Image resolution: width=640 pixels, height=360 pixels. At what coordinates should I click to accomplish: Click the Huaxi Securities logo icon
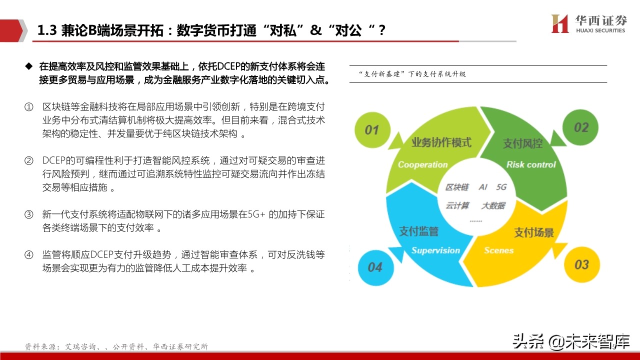[560, 23]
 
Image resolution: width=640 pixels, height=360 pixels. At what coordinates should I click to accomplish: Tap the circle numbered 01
[371, 130]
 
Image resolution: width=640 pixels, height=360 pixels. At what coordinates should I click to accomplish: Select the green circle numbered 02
[581, 127]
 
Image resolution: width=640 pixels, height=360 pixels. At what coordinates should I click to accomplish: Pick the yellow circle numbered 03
[581, 264]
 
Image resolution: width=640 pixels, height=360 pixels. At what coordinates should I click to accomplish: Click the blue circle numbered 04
[374, 267]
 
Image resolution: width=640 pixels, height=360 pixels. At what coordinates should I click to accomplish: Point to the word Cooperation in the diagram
[422, 164]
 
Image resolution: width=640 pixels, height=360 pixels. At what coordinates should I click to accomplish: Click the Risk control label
[531, 164]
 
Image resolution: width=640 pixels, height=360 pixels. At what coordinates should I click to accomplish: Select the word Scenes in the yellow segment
[498, 250]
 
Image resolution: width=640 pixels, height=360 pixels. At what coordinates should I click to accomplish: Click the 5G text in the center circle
[501, 187]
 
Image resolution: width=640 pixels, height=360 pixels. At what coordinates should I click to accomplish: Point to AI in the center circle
[483, 187]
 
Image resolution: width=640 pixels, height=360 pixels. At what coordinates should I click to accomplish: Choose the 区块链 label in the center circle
[457, 187]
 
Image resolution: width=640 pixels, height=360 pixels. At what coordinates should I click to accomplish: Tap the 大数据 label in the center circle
[493, 205]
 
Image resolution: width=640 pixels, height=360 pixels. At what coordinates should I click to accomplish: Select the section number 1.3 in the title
[47, 30]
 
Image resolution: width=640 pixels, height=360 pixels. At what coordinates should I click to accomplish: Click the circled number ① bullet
[29, 107]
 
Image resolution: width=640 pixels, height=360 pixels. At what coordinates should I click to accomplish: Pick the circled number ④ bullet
[29, 255]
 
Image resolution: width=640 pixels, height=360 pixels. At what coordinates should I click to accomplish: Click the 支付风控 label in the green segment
[522, 143]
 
